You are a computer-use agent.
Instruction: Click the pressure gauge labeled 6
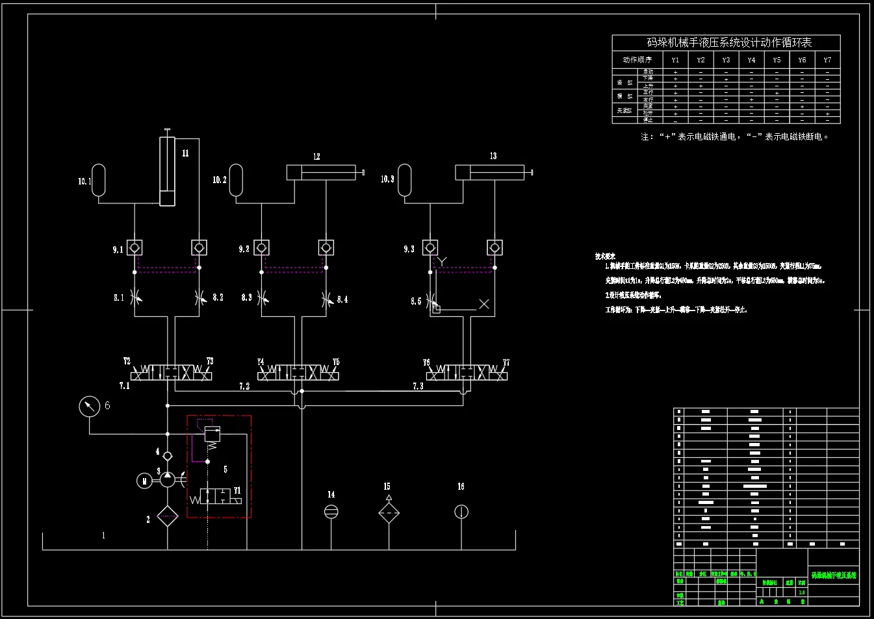click(x=89, y=407)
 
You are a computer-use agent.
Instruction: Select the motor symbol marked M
click(x=144, y=481)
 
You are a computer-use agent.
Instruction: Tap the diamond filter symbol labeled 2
click(x=168, y=516)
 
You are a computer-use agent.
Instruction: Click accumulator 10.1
click(x=99, y=180)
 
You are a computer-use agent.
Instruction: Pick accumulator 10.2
click(x=236, y=180)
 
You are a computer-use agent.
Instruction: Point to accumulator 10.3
click(x=404, y=180)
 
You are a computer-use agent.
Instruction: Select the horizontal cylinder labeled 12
click(x=322, y=173)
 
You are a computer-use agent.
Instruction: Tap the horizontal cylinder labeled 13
click(x=490, y=172)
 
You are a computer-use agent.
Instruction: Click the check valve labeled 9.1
click(x=135, y=247)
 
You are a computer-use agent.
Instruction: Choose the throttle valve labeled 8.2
click(x=199, y=297)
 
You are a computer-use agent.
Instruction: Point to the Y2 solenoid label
click(x=127, y=361)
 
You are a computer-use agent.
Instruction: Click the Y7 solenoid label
click(x=506, y=362)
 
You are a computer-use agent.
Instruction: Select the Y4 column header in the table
click(x=751, y=60)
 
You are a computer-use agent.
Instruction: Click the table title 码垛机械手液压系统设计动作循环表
click(x=729, y=42)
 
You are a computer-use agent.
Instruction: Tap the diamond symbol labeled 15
click(x=389, y=512)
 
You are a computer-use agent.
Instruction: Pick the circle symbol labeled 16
click(x=461, y=512)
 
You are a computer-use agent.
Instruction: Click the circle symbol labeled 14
click(x=331, y=512)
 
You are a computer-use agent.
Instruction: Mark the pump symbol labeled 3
click(x=168, y=479)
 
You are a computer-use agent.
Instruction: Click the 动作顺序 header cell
click(x=637, y=60)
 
